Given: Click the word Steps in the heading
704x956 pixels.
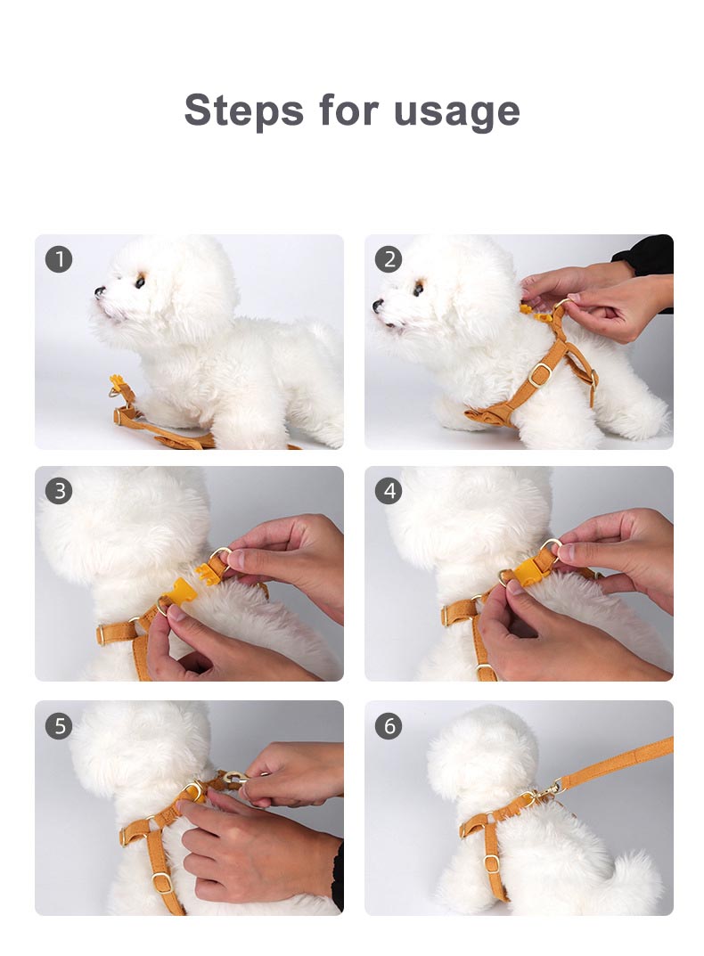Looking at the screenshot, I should coord(242,110).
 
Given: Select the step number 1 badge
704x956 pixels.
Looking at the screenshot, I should coord(59,259).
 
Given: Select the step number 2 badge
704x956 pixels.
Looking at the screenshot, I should coord(388,259).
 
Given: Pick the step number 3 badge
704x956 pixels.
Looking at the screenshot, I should coord(59,491).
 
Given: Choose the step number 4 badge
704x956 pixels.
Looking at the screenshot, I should coord(388,491).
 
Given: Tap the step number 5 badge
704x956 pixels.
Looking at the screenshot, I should coord(59,725).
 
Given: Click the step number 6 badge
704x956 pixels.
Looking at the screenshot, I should coord(388,725).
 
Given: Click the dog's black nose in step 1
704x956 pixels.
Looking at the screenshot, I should coord(100,291).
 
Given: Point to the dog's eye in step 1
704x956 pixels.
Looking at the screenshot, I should coord(139,282).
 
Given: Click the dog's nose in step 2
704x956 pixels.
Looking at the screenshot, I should coord(379,306).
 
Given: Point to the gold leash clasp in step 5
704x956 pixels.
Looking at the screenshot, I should coord(233,780).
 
